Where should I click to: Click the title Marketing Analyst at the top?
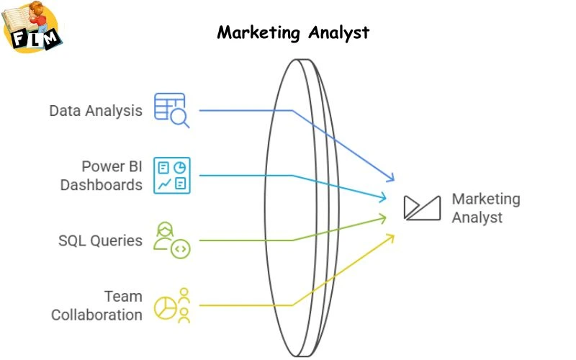[x=293, y=32]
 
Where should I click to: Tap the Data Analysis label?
[x=96, y=111]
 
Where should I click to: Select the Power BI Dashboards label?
[x=102, y=176]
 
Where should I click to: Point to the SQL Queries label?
[x=100, y=240]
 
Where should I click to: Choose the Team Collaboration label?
[x=96, y=305]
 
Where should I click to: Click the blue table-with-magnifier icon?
[x=171, y=110]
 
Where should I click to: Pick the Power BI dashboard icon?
[x=172, y=176]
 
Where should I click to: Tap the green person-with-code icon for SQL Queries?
[x=172, y=240]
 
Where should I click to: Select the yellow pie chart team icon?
[x=173, y=305]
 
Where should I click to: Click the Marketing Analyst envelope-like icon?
[x=422, y=207]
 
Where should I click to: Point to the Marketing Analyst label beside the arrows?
[x=485, y=207]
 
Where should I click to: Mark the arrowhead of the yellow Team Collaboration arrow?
[x=392, y=237]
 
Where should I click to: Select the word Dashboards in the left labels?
[x=102, y=185]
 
